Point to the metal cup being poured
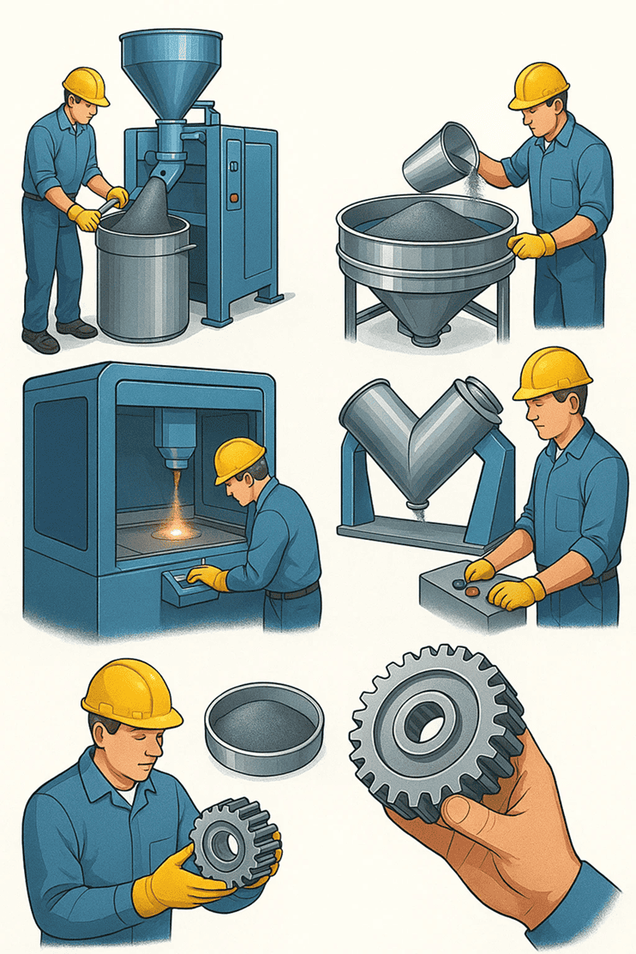(x=439, y=159)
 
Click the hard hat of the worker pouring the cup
(x=539, y=86)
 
